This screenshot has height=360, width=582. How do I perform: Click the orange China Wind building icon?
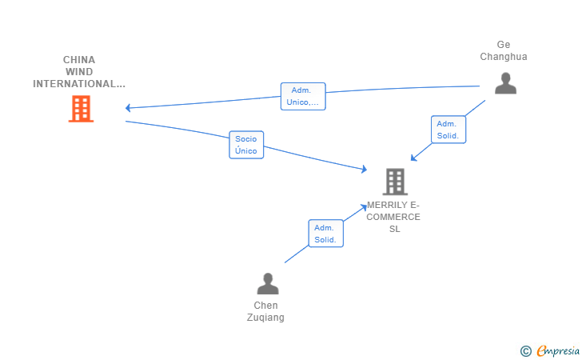(x=81, y=109)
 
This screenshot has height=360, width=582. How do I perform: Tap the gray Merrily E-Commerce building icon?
(x=395, y=182)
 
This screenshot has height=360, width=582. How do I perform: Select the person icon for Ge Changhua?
(x=505, y=83)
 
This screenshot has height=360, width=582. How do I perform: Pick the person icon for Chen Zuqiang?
(x=268, y=284)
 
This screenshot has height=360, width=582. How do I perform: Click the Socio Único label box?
(x=246, y=145)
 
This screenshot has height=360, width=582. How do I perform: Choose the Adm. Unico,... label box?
(x=303, y=96)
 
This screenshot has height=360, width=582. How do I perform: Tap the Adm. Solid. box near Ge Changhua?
(x=448, y=130)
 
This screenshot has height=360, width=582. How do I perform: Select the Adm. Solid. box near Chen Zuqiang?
(x=326, y=234)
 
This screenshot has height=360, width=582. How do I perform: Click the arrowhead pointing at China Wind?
(x=128, y=108)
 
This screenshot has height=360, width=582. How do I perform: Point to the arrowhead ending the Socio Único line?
(x=364, y=169)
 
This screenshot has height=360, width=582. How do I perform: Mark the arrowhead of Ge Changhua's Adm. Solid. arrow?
(x=413, y=158)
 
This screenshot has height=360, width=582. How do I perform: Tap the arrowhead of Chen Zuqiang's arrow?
(x=364, y=207)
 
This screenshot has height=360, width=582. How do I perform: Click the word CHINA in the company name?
(x=79, y=60)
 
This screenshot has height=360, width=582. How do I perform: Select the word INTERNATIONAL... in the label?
(x=79, y=84)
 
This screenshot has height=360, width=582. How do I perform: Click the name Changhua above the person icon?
(x=504, y=57)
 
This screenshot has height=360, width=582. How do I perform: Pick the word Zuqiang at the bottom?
(x=265, y=318)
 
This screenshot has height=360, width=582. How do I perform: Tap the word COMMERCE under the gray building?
(x=393, y=217)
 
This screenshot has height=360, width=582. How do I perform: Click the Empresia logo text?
(x=558, y=350)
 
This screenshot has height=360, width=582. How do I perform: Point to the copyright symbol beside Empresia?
(x=526, y=351)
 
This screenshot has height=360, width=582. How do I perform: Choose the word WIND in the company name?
(x=79, y=72)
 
